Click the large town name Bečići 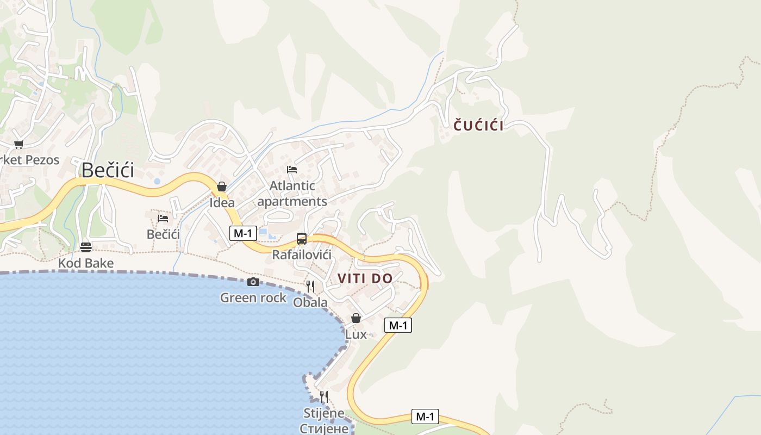[108, 170]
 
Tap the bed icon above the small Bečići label [163, 219]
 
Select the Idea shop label [222, 203]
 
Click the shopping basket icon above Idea [222, 187]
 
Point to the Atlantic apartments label [292, 194]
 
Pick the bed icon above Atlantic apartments [292, 169]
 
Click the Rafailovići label [302, 254]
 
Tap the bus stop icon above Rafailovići [302, 238]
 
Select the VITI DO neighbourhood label [365, 278]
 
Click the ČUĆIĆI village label [478, 126]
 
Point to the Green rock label [253, 297]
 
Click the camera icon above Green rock [253, 282]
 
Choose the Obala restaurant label [310, 302]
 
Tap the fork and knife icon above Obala [310, 286]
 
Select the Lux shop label [356, 334]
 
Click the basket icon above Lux [356, 318]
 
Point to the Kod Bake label [86, 264]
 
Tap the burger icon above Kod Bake [86, 247]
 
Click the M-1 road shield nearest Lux [398, 325]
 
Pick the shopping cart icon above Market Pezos [19, 144]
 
